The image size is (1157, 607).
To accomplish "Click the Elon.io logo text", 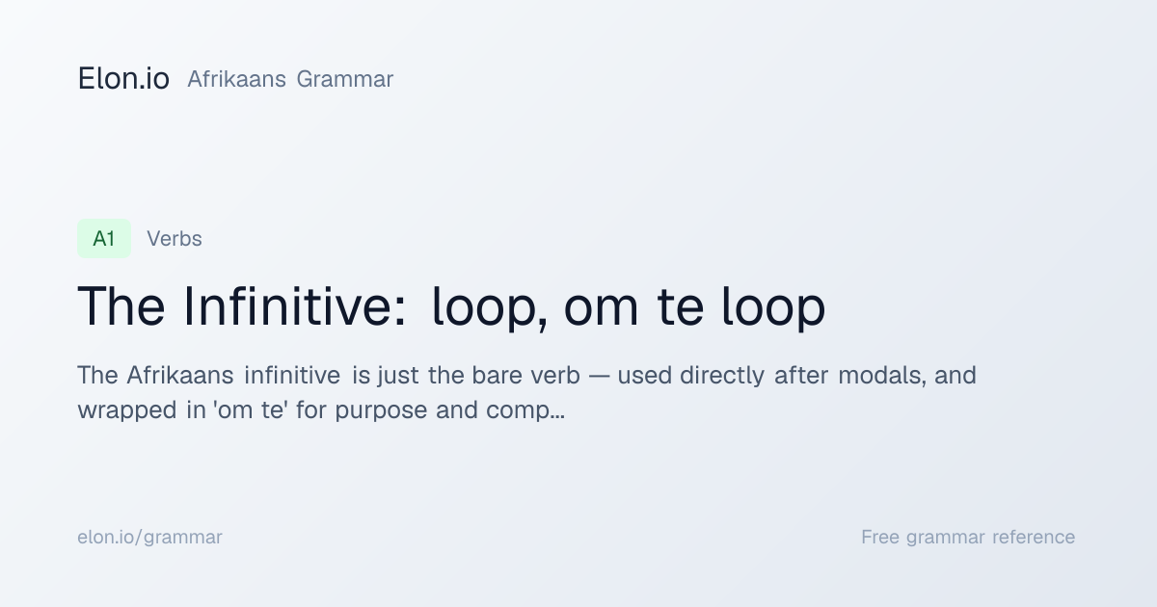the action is (x=123, y=78).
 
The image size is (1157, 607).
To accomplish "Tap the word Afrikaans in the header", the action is (x=236, y=79).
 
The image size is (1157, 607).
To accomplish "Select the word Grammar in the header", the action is (x=345, y=79).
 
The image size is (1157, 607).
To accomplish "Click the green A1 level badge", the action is (x=104, y=239).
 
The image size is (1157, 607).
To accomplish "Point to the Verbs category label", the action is (x=175, y=239).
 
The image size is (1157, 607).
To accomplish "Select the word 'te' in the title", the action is (x=681, y=308).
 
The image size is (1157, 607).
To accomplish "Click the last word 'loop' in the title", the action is (x=773, y=308).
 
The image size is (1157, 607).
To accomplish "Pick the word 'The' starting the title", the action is (x=121, y=306).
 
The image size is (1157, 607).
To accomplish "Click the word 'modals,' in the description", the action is (x=881, y=375).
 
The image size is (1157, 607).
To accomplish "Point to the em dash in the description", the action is (x=599, y=377).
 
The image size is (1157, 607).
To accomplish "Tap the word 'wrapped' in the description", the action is (x=127, y=411).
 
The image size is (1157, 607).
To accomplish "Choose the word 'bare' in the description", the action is (x=496, y=376).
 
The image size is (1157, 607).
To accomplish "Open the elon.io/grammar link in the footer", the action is (x=149, y=538).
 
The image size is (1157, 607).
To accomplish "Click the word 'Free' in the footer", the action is (x=880, y=537).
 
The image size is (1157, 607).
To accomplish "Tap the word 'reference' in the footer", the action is (x=1034, y=537).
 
